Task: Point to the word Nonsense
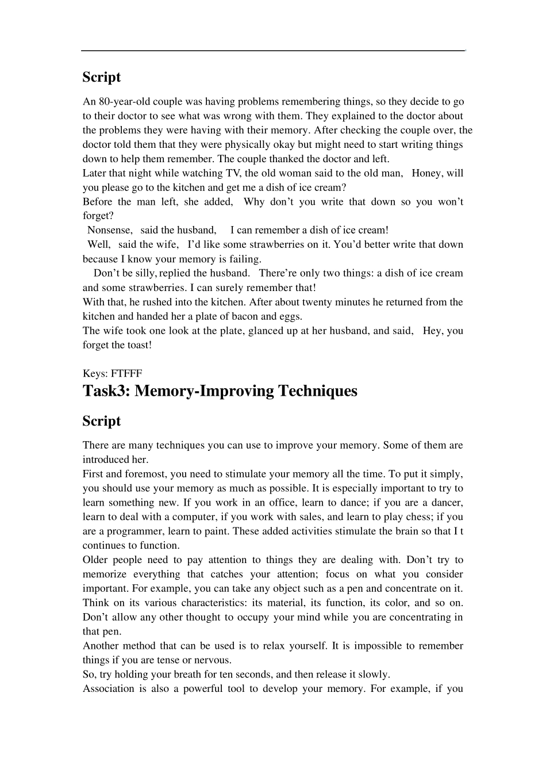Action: [x=110, y=230]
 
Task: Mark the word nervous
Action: [x=212, y=660]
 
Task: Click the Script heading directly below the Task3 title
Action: [x=102, y=421]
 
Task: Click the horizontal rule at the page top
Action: [x=272, y=51]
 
